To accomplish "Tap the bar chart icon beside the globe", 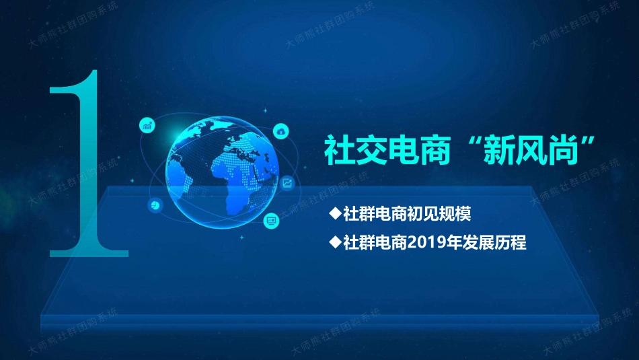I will pyautogui.click(x=147, y=125).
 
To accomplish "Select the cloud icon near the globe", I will pyautogui.click(x=280, y=131).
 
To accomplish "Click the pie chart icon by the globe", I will pyautogui.click(x=155, y=205).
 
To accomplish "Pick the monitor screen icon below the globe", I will pyautogui.click(x=271, y=219).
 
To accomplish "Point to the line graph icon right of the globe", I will pyautogui.click(x=287, y=182).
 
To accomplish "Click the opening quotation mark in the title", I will pyautogui.click(x=469, y=143).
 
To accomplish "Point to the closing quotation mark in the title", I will pyautogui.click(x=591, y=143).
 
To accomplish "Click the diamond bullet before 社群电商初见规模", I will pyautogui.click(x=335, y=214).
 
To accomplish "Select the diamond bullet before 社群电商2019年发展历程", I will pyautogui.click(x=335, y=242).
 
